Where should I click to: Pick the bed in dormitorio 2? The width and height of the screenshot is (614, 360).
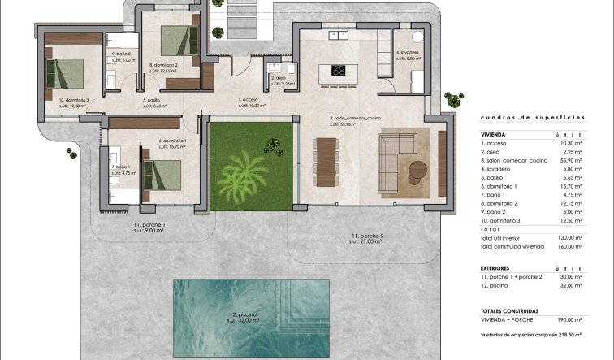174,39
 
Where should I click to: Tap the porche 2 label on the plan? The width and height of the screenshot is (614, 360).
366,237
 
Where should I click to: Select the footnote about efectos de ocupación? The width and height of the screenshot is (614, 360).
533,334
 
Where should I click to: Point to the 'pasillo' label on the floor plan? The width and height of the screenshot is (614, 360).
153,102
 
